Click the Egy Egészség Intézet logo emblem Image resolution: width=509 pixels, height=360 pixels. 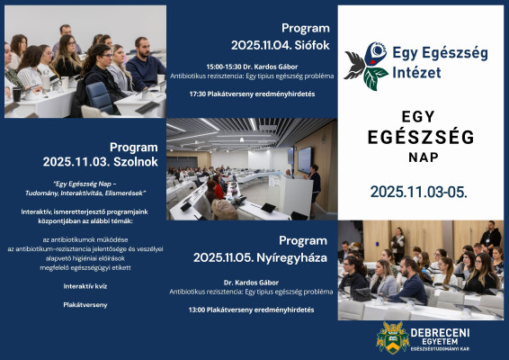click(x=367, y=64)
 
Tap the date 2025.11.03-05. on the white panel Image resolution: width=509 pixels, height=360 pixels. click(x=418, y=192)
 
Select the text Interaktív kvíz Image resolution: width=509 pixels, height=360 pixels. click(x=86, y=285)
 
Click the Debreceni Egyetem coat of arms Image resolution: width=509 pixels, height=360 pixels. click(x=393, y=338)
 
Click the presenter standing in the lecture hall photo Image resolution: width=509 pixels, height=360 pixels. click(x=315, y=183)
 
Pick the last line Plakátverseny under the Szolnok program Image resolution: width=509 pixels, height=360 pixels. click(x=86, y=304)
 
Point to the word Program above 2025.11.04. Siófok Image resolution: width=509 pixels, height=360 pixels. click(x=305, y=28)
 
